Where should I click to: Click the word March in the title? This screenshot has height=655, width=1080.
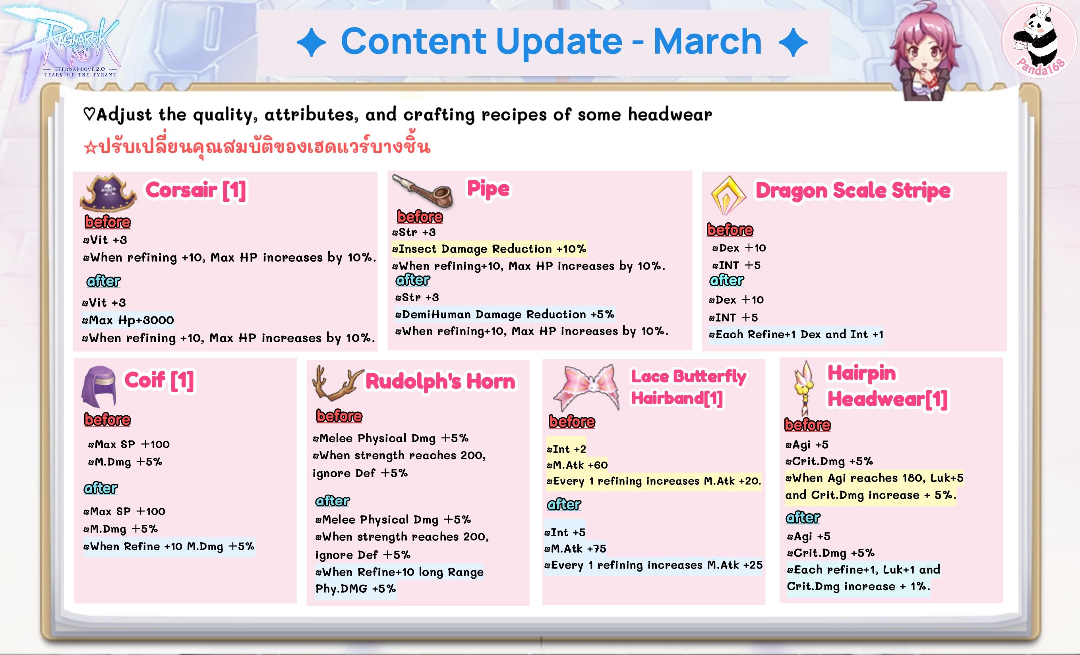point(707,41)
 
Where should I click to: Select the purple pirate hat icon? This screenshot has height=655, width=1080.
point(108,193)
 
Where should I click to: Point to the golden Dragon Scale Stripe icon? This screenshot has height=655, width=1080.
point(728,195)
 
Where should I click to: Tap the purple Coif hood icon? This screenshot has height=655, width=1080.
point(99,387)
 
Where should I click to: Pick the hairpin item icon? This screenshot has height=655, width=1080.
point(805,388)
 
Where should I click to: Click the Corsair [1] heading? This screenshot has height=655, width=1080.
point(196,191)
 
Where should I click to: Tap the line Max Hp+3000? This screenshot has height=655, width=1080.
point(128,320)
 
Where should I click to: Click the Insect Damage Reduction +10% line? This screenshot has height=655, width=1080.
point(489,249)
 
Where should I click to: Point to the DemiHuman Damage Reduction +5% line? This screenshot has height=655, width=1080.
point(505,314)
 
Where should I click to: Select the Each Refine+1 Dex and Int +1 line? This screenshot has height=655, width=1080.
point(796,335)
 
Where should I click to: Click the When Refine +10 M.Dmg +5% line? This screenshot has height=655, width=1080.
point(169,546)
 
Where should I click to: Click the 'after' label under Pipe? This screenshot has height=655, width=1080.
point(413,280)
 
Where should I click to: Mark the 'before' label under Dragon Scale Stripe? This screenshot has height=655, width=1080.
point(730,230)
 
